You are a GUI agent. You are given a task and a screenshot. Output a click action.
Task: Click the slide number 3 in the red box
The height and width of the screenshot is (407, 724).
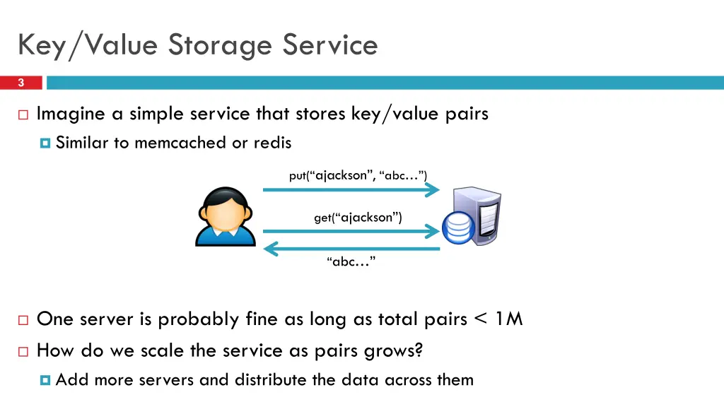pyautogui.click(x=21, y=83)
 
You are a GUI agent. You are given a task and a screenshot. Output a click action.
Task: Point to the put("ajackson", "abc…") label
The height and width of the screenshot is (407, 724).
pyautogui.click(x=358, y=175)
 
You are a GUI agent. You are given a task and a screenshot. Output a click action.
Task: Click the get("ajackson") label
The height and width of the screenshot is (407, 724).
pyautogui.click(x=358, y=218)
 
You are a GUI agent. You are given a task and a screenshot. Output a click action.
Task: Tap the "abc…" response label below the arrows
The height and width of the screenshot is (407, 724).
pyautogui.click(x=351, y=262)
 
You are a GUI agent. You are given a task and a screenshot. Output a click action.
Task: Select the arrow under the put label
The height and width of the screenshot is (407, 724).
pyautogui.click(x=351, y=189)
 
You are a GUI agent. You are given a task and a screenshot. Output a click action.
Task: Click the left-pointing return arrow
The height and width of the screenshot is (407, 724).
pyautogui.click(x=351, y=248)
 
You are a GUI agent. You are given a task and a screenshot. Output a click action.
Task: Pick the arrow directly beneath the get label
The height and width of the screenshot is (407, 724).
pyautogui.click(x=351, y=231)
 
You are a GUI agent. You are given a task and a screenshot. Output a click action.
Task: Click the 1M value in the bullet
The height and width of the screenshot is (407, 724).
pyautogui.click(x=508, y=319)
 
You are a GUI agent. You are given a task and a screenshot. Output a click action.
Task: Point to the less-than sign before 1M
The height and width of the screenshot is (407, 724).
pyautogui.click(x=481, y=319)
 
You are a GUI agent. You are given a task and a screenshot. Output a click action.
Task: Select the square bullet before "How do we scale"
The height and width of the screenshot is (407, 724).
pyautogui.click(x=23, y=351)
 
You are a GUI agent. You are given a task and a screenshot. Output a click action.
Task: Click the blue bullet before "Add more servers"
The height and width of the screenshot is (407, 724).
pyautogui.click(x=46, y=380)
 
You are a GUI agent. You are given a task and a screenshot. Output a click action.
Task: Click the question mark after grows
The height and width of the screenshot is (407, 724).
pyautogui.click(x=418, y=350)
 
